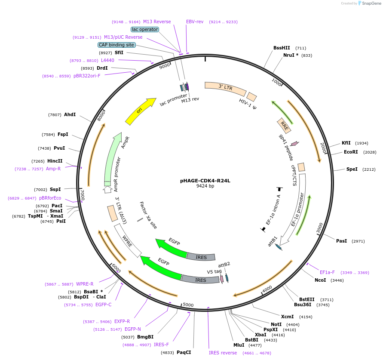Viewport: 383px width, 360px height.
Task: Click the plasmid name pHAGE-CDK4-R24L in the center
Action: [205, 181]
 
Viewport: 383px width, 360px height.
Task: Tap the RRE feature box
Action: [284, 125]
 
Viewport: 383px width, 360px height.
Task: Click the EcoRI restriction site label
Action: [351, 152]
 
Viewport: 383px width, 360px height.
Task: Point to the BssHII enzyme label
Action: [282, 48]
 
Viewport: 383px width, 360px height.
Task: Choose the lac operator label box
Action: [145, 29]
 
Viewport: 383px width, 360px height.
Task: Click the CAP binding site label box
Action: [116, 45]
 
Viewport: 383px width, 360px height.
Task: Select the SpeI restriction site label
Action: [352, 169]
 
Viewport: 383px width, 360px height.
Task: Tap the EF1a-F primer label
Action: [327, 272]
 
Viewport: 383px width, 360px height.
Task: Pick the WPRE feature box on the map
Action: [128, 240]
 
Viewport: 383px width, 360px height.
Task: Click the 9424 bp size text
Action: [205, 186]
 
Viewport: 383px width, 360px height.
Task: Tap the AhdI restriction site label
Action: [70, 114]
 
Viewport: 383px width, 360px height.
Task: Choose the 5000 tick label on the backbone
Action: [188, 305]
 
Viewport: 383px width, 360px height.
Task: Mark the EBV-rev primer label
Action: [195, 22]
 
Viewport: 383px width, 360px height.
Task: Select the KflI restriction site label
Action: [346, 143]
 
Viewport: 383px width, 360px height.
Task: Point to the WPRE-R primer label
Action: [85, 284]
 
